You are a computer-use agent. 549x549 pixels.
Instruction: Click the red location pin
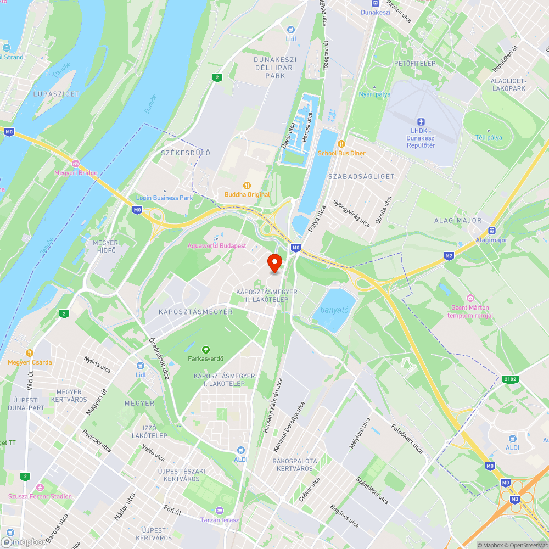point(274,263)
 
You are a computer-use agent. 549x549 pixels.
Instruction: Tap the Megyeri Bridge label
point(76,173)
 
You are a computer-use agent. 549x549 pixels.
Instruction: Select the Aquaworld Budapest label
point(217,246)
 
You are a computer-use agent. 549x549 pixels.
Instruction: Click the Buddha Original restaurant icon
point(247,186)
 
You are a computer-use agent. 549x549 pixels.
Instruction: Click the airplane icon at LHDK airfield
point(421,121)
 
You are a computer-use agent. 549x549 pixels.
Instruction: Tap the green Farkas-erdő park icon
point(205,349)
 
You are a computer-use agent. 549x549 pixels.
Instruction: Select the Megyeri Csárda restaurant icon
point(30,353)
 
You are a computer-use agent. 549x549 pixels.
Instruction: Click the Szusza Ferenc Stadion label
point(40,496)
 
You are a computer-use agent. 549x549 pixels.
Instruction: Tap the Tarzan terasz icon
point(220,511)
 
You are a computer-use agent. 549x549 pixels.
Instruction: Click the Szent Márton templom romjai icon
point(470,298)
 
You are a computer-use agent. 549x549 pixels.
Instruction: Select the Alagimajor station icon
point(491,231)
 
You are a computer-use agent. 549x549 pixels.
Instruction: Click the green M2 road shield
point(449,256)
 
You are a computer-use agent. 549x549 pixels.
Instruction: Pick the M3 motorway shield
point(515,499)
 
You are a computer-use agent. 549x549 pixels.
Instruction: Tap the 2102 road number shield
point(509,378)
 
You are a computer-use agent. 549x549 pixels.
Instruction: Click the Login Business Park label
point(165,198)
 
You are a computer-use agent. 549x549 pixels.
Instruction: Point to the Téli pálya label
point(489,138)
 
